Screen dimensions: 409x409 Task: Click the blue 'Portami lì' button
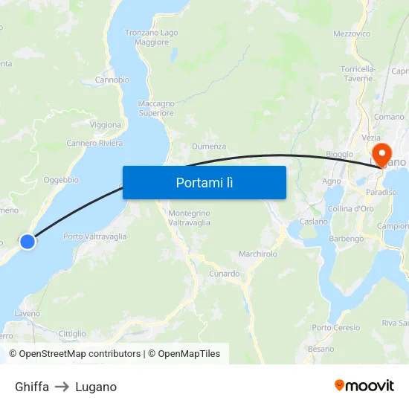click(x=204, y=182)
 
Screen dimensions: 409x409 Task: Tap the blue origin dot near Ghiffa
click(x=28, y=241)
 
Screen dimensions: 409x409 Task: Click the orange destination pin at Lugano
click(x=384, y=155)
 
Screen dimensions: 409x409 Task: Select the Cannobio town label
click(x=112, y=80)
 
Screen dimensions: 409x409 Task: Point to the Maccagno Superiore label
click(x=156, y=109)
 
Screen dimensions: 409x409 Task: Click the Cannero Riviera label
click(x=94, y=143)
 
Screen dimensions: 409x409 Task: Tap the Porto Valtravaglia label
click(x=95, y=236)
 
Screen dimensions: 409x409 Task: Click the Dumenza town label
click(x=209, y=146)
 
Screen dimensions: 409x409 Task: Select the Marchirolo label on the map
click(x=258, y=254)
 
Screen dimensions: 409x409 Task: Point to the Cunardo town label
click(x=223, y=274)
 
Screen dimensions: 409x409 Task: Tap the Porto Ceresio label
click(x=336, y=327)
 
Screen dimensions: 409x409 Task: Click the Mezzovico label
click(x=352, y=34)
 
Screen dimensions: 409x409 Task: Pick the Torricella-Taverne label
click(x=357, y=73)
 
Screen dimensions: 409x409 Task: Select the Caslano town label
click(x=314, y=222)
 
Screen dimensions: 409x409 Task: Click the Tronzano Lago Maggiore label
click(x=152, y=37)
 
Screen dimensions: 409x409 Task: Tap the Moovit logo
click(x=364, y=385)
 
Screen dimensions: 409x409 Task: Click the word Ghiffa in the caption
click(x=32, y=387)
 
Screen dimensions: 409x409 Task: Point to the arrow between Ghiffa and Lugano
click(x=62, y=387)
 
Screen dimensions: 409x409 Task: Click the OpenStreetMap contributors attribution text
click(x=80, y=354)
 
